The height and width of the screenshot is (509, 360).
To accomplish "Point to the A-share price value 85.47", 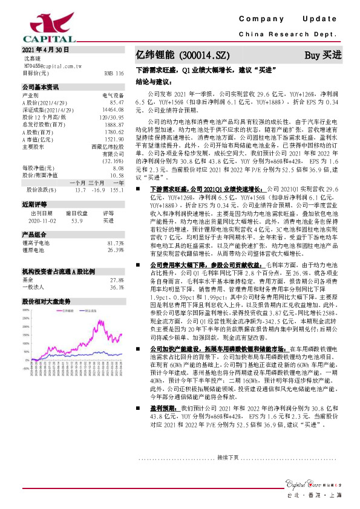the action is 117,103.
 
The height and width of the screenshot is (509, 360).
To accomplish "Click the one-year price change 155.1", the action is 117,190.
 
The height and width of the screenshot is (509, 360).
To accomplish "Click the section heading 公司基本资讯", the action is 41,87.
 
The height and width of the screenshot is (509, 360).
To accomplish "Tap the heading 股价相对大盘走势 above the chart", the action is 46,300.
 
